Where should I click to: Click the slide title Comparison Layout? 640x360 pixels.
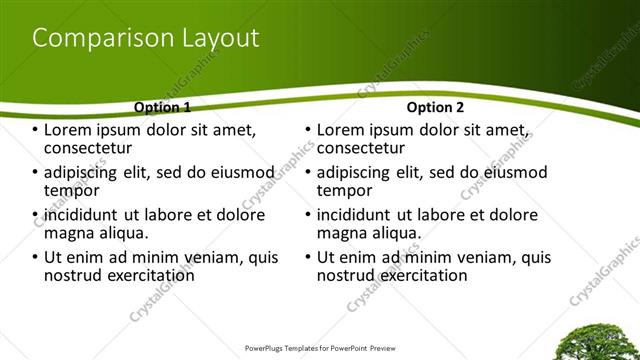coord(146,38)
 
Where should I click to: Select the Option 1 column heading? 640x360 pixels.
coord(162,106)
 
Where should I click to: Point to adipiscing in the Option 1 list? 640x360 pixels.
coord(90,173)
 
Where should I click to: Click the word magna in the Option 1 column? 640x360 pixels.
coord(69,233)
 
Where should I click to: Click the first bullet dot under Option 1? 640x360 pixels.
coord(36,131)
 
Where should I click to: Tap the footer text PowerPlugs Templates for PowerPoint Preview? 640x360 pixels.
coord(320,350)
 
